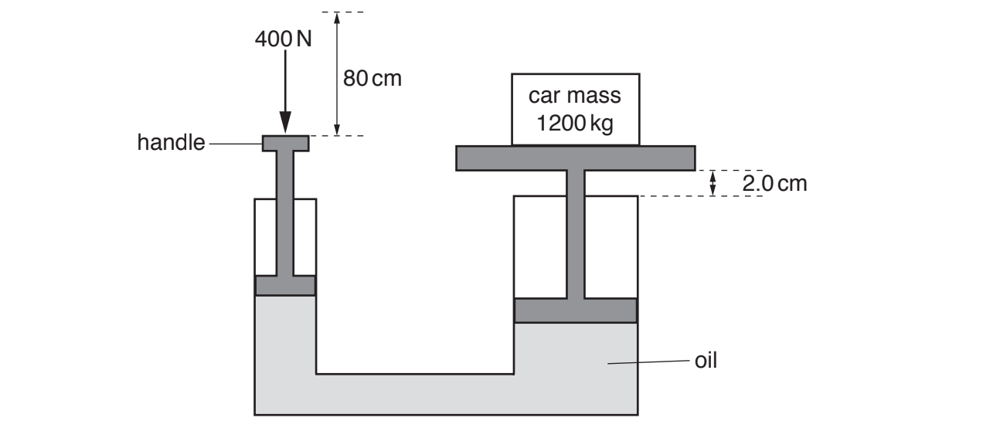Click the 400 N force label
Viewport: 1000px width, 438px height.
(x=284, y=39)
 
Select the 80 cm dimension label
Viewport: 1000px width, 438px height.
(x=372, y=78)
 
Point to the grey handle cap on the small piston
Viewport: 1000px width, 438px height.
(x=285, y=143)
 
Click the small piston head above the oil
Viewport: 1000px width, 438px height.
(x=285, y=285)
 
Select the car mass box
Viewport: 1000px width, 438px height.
(x=575, y=109)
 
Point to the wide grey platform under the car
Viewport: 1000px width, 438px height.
(x=575, y=158)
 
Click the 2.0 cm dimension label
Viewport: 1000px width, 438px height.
(x=774, y=183)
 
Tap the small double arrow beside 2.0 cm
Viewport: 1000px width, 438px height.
(x=713, y=183)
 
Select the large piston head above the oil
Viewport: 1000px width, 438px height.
(x=575, y=310)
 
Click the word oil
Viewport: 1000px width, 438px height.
(x=706, y=360)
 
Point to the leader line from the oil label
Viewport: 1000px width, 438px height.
(x=649, y=361)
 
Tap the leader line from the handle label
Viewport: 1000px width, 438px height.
(x=235, y=144)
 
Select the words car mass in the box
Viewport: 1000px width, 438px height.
(x=575, y=97)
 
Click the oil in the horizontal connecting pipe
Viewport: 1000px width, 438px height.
(x=415, y=394)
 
